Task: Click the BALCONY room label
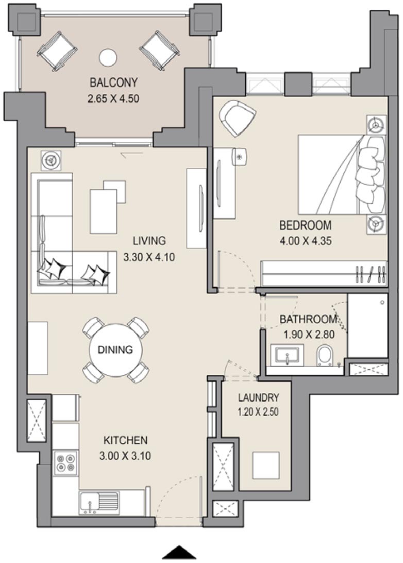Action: point(114,82)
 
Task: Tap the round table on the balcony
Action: point(108,57)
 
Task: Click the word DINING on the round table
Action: point(115,350)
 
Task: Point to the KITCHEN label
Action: point(126,440)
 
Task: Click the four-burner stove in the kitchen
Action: point(65,461)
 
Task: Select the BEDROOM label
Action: point(305,225)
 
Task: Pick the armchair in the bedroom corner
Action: point(238,118)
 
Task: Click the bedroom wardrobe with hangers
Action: point(324,273)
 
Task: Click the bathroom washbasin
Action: point(287,355)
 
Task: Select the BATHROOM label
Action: point(308,319)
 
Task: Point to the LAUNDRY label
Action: point(258,398)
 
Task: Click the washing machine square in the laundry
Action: point(266,466)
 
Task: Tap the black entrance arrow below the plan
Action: point(179,552)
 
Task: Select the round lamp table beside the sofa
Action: point(51,160)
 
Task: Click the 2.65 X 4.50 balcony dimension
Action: point(114,97)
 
